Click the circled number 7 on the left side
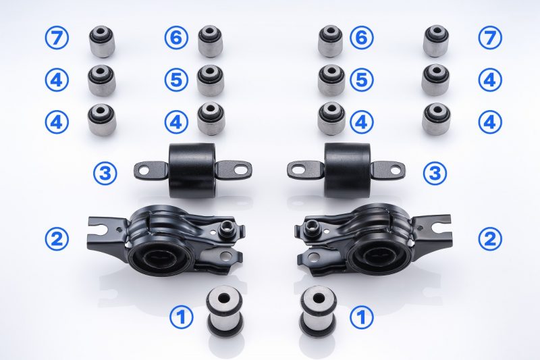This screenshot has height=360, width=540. point(57,38)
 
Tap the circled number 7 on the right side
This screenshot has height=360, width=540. point(490,38)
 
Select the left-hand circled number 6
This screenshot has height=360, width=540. point(176,38)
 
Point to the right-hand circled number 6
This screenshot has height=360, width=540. point(362,38)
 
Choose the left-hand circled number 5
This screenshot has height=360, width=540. point(176,80)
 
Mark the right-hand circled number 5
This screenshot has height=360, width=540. point(362,80)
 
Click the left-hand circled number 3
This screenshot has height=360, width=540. point(105,174)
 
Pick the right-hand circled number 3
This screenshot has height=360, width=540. point(435,174)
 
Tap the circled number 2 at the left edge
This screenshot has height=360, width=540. point(57,238)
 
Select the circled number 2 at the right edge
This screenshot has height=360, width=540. point(490,238)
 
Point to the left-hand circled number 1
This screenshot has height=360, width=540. point(181,317)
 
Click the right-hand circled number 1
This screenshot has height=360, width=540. point(362,317)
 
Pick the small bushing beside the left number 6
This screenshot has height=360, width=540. point(211,41)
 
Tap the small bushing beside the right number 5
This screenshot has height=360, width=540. point(331,80)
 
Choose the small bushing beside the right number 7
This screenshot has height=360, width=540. point(437,41)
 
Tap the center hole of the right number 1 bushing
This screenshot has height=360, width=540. point(317,297)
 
